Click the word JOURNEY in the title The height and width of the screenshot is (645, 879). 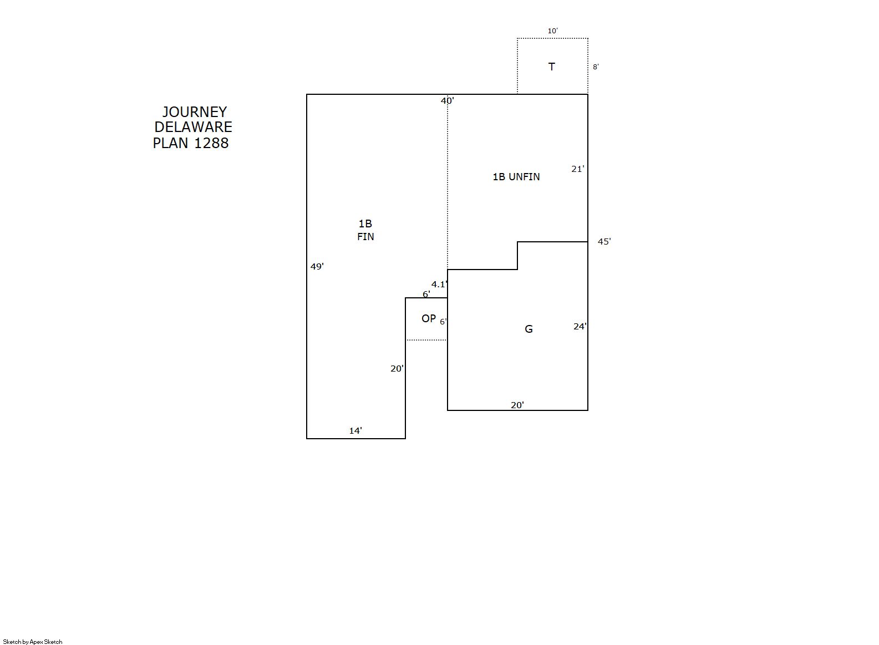click(194, 112)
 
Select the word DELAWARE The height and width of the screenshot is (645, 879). click(193, 127)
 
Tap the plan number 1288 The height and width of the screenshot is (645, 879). click(211, 143)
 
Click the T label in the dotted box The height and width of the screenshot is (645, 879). click(551, 67)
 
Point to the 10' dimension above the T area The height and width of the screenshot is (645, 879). click(552, 31)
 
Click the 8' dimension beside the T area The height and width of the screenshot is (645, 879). click(595, 67)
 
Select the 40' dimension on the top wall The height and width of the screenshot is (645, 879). click(447, 101)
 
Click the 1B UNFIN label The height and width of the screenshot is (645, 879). click(516, 177)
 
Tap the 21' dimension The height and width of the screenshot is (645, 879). click(578, 169)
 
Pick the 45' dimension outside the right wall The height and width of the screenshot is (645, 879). click(604, 242)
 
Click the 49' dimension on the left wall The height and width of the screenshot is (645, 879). click(317, 267)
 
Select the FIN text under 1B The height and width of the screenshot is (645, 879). click(365, 237)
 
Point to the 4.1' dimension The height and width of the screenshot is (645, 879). click(439, 285)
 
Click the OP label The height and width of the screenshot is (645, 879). click(429, 318)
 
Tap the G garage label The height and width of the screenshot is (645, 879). click(529, 329)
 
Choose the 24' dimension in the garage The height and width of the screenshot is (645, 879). click(580, 327)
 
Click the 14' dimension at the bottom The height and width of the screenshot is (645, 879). click(355, 431)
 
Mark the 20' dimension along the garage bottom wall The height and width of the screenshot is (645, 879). click(517, 405)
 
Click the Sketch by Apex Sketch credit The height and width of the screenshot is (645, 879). click(33, 642)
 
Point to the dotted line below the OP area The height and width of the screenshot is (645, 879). click(426, 340)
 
